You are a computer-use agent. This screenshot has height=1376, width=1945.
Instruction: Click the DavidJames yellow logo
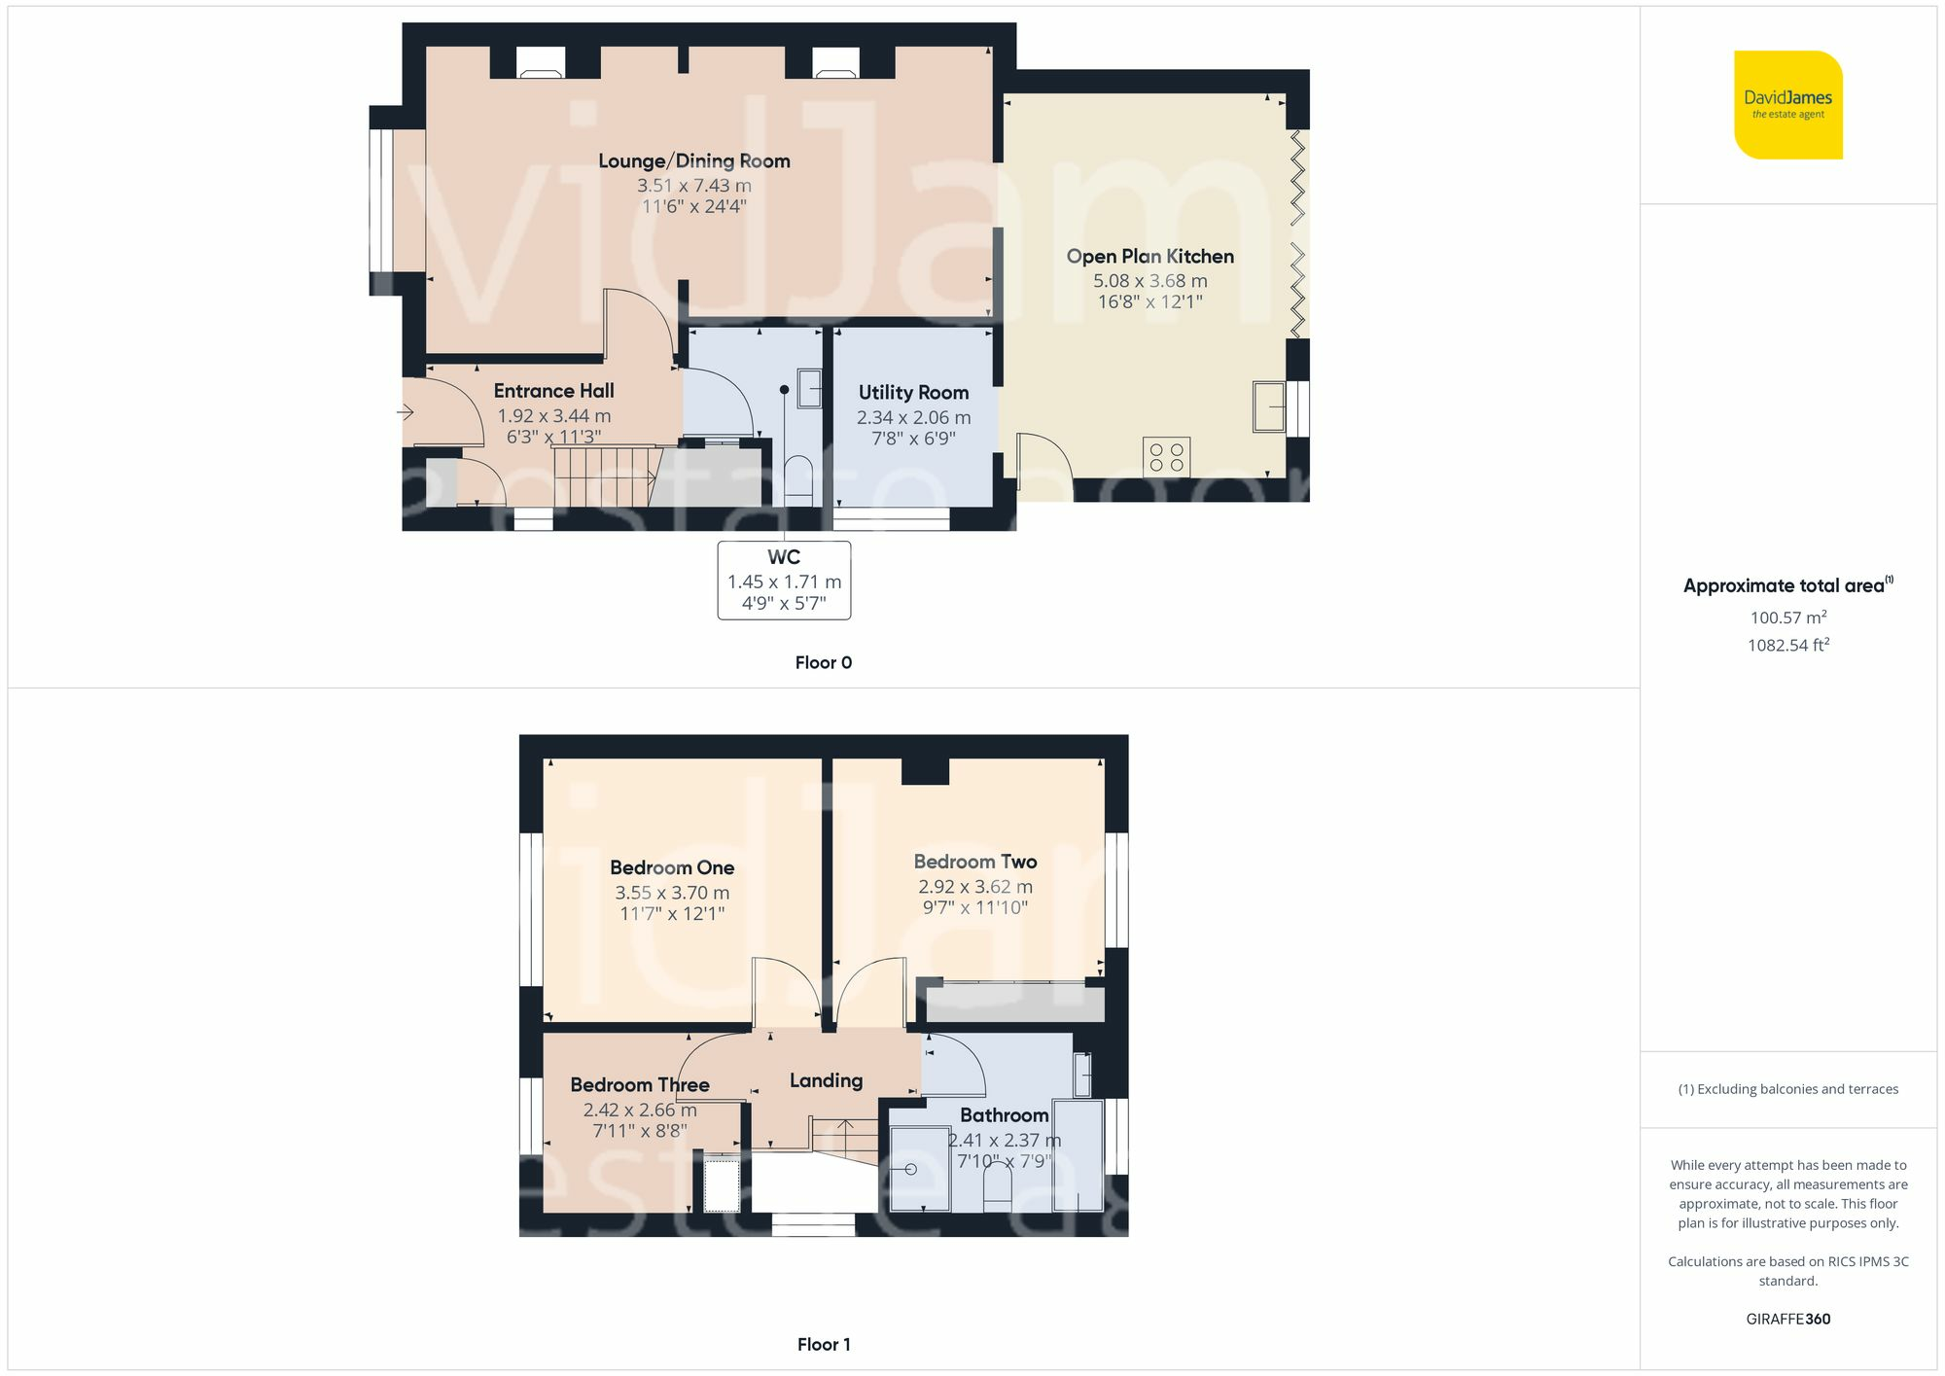(1787, 105)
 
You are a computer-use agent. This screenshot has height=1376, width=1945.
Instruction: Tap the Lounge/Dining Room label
(693, 161)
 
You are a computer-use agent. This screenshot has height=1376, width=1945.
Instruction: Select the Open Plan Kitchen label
(1149, 257)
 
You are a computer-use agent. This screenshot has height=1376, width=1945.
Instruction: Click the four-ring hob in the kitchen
(1166, 457)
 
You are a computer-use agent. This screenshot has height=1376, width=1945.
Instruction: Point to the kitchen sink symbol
(1268, 406)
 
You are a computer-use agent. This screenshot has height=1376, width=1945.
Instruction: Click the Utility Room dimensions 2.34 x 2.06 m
(913, 417)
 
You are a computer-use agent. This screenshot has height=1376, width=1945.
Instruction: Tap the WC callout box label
(784, 557)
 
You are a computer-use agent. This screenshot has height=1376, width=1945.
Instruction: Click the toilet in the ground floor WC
(798, 479)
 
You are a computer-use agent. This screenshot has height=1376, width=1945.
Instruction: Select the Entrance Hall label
(553, 391)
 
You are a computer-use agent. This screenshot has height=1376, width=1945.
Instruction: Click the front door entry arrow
(406, 412)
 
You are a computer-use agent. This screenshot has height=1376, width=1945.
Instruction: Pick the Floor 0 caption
(823, 663)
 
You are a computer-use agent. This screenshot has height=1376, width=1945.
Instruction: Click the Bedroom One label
(672, 867)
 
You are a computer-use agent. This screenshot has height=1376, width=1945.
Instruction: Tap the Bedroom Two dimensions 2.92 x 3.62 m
(974, 887)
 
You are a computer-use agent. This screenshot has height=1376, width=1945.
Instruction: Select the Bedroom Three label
(639, 1085)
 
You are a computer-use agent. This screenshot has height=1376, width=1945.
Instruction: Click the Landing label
(826, 1080)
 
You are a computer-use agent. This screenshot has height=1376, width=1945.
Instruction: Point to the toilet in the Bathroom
(998, 1188)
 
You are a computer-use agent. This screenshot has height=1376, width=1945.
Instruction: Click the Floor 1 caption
(823, 1345)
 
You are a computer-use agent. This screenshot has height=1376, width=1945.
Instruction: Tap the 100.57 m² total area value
(1787, 617)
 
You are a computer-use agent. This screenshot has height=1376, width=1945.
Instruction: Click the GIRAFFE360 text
(1787, 1320)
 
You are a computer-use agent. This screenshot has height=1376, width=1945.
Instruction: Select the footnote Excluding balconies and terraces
(1787, 1089)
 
